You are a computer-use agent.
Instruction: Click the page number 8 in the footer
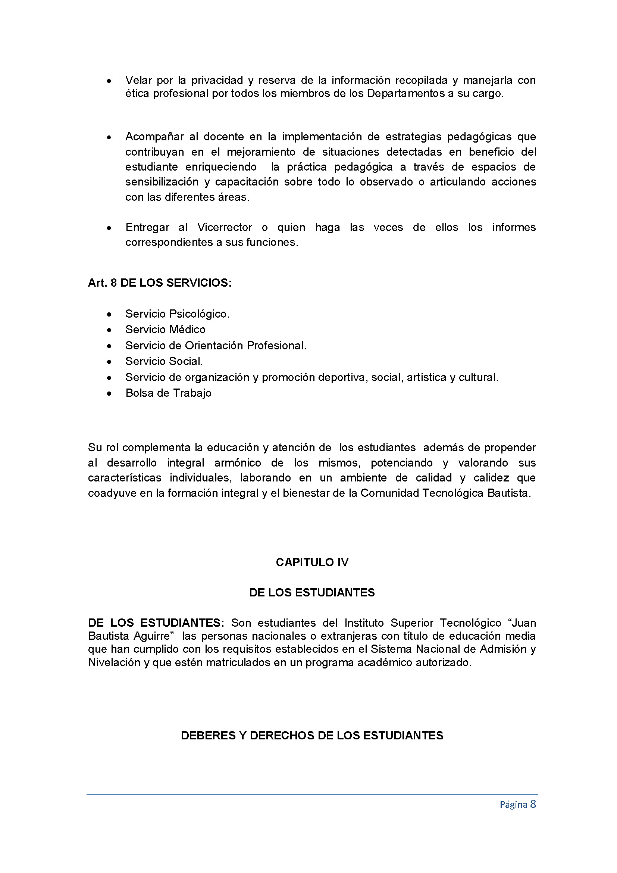[533, 804]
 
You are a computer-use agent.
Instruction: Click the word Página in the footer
[513, 805]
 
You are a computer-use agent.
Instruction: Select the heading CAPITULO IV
[312, 562]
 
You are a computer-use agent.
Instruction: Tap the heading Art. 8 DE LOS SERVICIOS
[160, 283]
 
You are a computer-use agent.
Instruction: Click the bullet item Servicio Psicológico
[178, 314]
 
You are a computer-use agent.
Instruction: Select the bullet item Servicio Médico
[165, 330]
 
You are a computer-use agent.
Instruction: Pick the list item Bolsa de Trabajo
[168, 393]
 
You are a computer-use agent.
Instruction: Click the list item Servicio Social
[164, 361]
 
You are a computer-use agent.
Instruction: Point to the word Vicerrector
[225, 227]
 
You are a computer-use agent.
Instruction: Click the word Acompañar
[154, 137]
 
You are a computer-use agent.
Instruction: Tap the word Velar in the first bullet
[139, 80]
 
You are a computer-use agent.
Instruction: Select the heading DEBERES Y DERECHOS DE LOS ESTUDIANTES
[312, 736]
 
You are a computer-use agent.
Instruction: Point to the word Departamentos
[405, 94]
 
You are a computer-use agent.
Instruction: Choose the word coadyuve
[112, 493]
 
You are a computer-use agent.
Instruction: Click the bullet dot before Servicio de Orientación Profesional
[109, 346]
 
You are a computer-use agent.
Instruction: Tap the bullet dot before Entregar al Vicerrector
[109, 228]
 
